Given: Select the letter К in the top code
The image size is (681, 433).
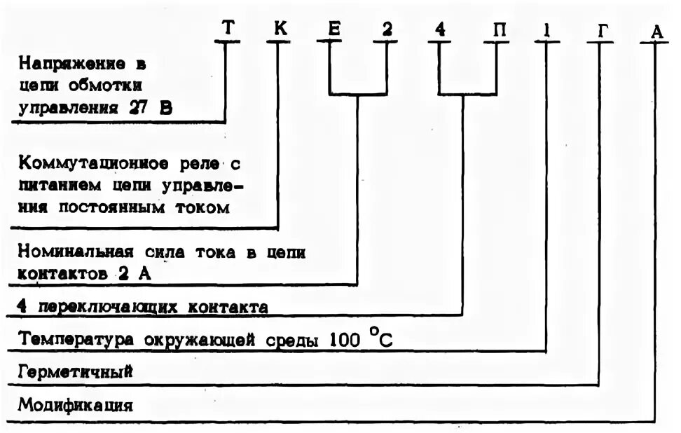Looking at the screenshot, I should (x=279, y=29).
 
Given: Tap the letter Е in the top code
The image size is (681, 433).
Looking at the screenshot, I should (x=333, y=29).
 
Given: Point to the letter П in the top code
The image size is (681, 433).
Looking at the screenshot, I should (x=496, y=29).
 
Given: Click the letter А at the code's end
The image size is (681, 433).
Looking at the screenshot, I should (x=655, y=30).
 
